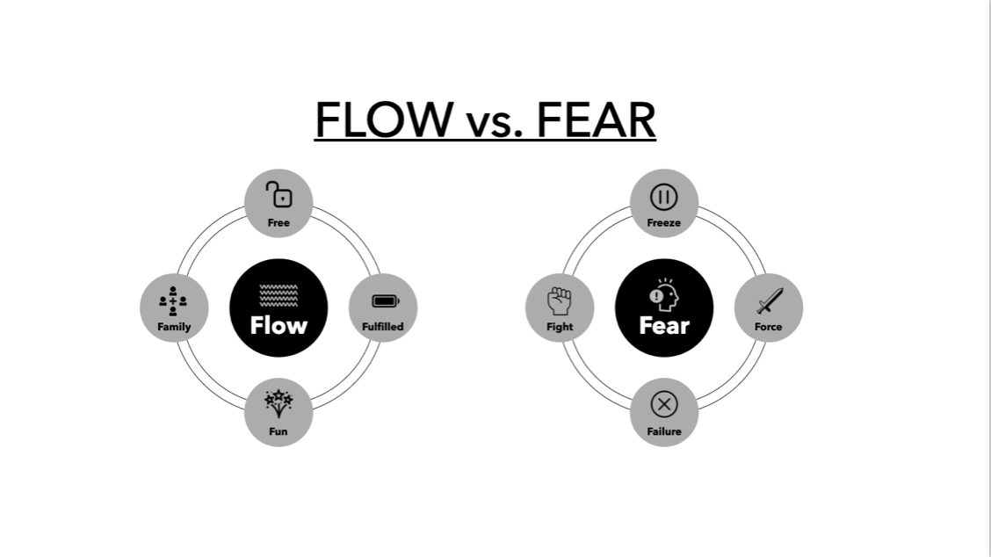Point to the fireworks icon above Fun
(278, 404)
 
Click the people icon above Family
(173, 301)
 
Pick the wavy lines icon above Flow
(278, 296)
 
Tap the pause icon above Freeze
(663, 196)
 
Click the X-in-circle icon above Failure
(663, 405)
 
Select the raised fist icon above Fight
(560, 301)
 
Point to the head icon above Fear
(663, 296)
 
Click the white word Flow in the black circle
(278, 326)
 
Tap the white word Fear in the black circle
(664, 326)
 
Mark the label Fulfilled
(383, 327)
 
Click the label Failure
(663, 431)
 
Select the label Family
(174, 327)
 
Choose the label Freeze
(663, 223)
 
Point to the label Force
(768, 327)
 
